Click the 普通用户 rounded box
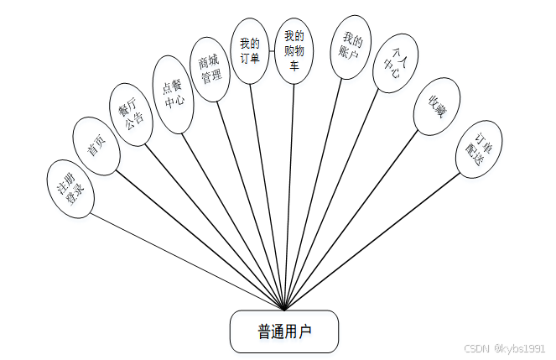[x=284, y=331]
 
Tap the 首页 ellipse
[x=97, y=146]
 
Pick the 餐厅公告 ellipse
[x=133, y=114]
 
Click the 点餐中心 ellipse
[x=174, y=96]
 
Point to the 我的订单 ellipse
[x=250, y=52]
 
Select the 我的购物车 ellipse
[x=294, y=50]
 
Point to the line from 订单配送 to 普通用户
[x=377, y=243]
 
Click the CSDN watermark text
[x=504, y=347]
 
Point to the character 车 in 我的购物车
[x=294, y=66]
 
